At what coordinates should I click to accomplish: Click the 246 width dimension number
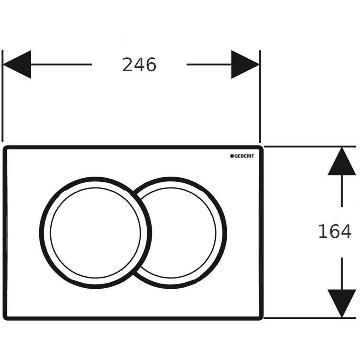pyautogui.click(x=139, y=65)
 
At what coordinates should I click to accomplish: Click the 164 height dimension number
pyautogui.click(x=335, y=231)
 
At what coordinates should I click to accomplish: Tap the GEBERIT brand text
pyautogui.click(x=244, y=156)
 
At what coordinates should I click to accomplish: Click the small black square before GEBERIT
pyautogui.click(x=232, y=156)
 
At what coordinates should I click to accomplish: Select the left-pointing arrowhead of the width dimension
pyautogui.click(x=17, y=65)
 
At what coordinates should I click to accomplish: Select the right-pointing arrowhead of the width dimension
pyautogui.click(x=245, y=65)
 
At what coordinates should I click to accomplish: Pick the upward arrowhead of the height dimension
pyautogui.click(x=342, y=161)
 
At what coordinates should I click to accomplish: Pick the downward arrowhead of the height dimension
pyautogui.click(x=342, y=303)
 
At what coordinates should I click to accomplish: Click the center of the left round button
pyautogui.click(x=96, y=233)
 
